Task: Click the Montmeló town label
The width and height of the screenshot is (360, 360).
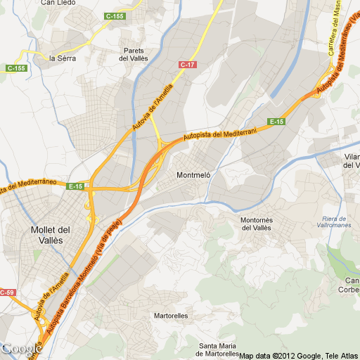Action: point(193,174)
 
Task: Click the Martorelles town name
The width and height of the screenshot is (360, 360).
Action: point(171,316)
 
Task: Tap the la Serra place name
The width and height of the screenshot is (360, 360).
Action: point(62,58)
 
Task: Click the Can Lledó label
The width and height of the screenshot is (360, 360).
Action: point(59,3)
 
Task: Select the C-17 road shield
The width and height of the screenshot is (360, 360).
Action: point(187,65)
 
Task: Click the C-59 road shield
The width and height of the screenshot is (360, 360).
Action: point(7,292)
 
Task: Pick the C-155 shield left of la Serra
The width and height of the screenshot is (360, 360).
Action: point(16,68)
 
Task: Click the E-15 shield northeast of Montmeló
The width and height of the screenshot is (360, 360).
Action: point(277,122)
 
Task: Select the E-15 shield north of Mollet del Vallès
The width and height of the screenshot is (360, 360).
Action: point(76,186)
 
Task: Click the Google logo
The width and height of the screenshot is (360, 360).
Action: point(21,348)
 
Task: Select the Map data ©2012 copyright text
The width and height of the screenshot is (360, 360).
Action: point(299,354)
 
